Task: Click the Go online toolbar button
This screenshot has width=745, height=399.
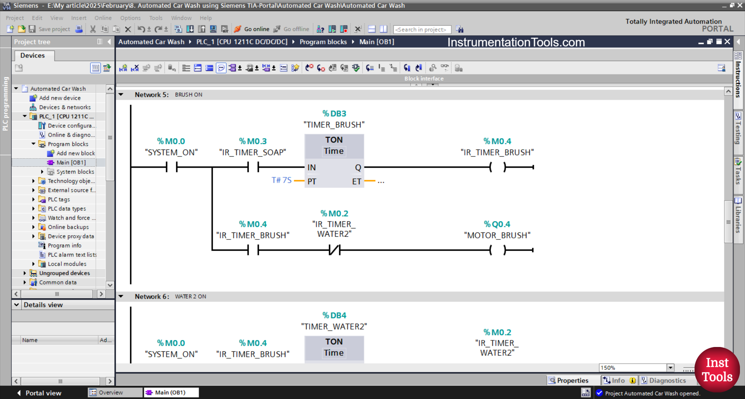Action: tap(252, 29)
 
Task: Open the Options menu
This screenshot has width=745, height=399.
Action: tap(130, 18)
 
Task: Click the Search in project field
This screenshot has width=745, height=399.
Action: tap(422, 29)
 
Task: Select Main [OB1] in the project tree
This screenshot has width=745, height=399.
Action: tap(71, 163)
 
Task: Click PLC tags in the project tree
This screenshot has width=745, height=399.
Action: tap(59, 199)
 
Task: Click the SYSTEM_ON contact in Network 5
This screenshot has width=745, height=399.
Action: tap(172, 167)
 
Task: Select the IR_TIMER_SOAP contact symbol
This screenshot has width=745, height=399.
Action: tap(253, 167)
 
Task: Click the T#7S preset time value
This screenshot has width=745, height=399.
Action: tap(281, 180)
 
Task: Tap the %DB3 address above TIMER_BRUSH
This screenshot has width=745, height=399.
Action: tap(334, 114)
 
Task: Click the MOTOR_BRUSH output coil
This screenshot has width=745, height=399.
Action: tap(497, 250)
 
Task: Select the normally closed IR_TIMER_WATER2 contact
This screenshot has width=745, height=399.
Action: tap(334, 250)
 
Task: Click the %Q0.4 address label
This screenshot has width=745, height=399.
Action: tap(497, 224)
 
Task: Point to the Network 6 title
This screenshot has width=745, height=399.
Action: tap(152, 297)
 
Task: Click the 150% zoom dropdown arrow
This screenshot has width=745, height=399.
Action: tap(670, 368)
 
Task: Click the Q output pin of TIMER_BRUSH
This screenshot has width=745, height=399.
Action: tap(358, 168)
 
